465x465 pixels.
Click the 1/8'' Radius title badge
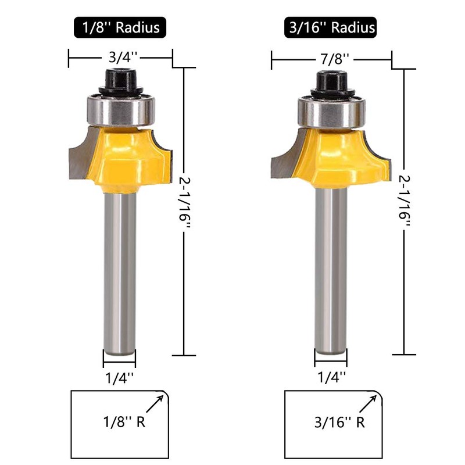pos(120,27)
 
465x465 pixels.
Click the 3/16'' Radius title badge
pos(330,27)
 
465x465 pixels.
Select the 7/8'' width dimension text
pos(334,59)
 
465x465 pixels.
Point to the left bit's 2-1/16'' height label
pos(185,202)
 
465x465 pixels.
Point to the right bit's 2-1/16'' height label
pos(405,201)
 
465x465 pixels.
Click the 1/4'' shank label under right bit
pos(331,377)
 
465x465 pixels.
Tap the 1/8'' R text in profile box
pos(124,421)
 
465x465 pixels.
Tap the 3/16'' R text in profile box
pos(339,422)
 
